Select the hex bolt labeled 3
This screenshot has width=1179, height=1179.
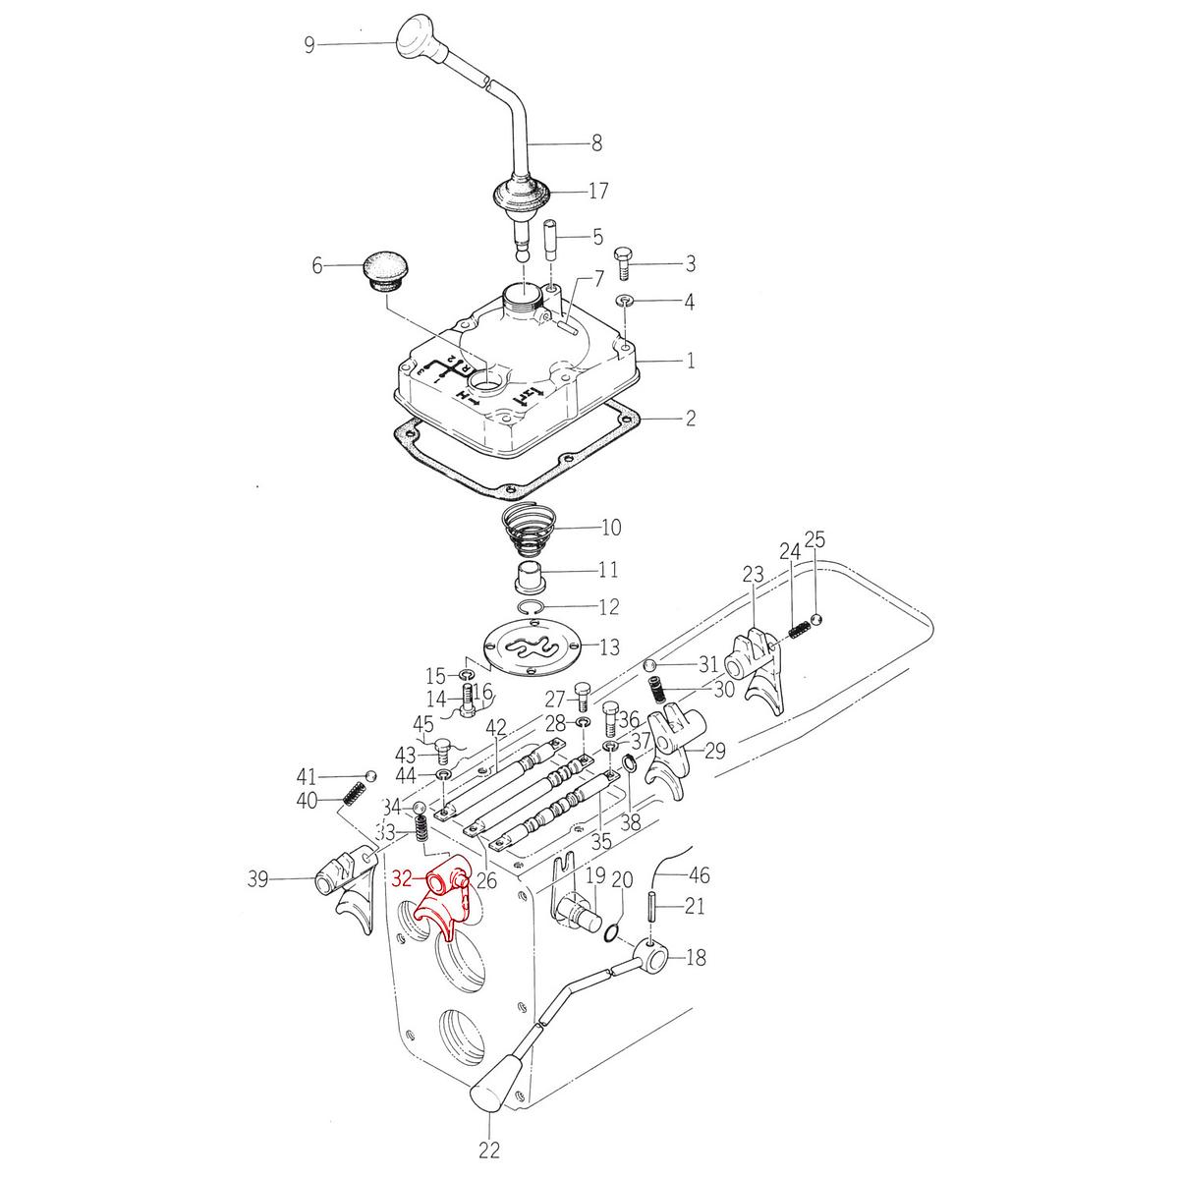(623, 263)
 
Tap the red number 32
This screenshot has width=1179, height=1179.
(403, 879)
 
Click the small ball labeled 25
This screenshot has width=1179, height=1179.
(816, 619)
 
